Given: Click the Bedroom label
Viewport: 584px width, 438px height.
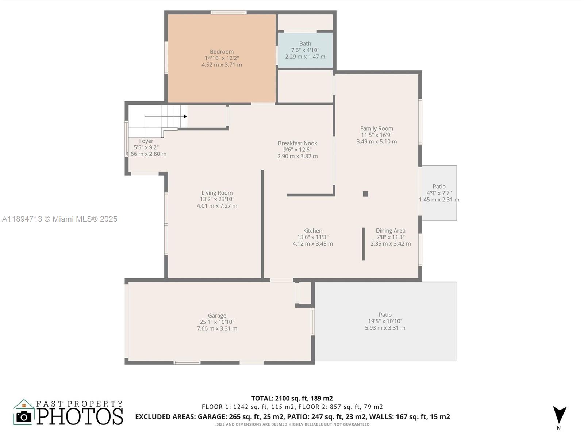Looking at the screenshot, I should (222, 52).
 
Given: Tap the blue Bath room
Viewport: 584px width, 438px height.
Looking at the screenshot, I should (305, 50).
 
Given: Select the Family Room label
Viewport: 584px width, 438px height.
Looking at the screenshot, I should (376, 128).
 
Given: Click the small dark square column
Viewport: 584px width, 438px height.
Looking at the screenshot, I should (365, 194).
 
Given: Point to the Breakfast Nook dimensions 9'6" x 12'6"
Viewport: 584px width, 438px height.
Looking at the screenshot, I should (297, 150).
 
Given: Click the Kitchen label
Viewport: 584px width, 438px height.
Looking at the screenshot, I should (312, 231).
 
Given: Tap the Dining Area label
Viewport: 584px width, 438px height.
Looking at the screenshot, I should (390, 231).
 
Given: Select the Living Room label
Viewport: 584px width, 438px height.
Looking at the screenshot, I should (217, 193).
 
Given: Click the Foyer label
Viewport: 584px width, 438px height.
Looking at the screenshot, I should (146, 141).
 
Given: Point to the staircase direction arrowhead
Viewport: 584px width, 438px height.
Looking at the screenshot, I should (185, 116).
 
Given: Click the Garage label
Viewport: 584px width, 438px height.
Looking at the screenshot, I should (217, 315).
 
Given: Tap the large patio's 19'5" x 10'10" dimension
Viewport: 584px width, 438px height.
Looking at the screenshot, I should (385, 321).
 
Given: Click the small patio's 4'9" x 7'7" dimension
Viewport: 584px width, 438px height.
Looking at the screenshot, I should (439, 193).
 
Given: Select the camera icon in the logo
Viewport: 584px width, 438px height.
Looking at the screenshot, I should (24, 416).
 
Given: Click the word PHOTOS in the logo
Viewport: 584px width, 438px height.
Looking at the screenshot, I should (80, 416).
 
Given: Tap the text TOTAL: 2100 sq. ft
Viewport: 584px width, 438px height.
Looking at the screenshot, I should (292, 398).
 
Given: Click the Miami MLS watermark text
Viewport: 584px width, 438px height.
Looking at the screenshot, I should (59, 219).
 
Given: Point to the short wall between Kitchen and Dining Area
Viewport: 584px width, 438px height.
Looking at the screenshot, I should (363, 244).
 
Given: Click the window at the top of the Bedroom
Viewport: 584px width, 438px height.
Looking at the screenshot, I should (228, 12).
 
